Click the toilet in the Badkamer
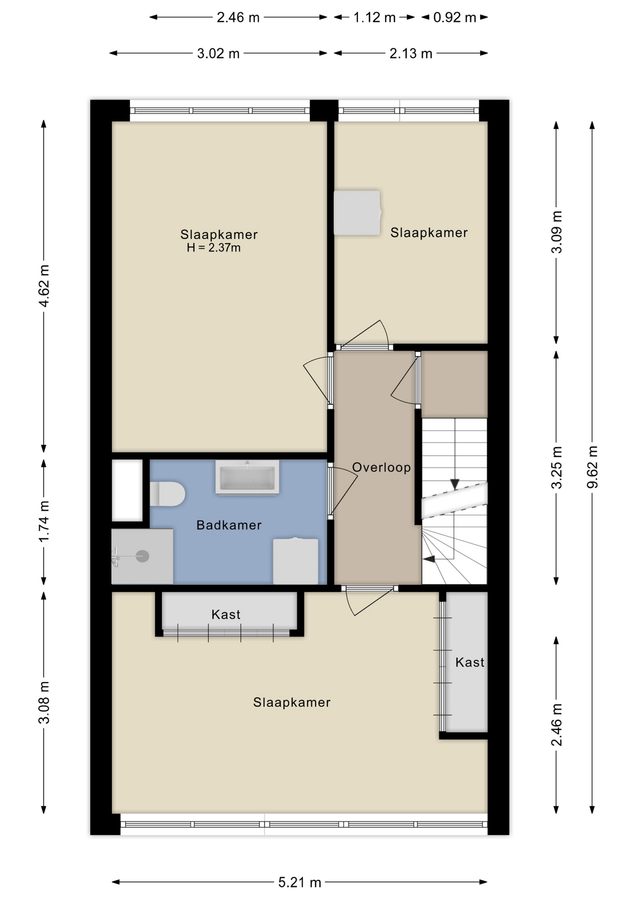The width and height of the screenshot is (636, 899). point(167,494)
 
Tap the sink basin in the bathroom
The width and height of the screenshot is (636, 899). point(247,477)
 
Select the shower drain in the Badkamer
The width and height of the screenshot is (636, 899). point(142,556)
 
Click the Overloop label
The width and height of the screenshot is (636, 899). point(381,467)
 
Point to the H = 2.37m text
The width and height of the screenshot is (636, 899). point(214,248)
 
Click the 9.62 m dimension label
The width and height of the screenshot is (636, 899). point(592,467)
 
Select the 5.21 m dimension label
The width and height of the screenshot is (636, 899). point(300,883)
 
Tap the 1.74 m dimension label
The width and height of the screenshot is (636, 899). point(44,522)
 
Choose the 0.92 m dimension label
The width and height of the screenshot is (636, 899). point(454,17)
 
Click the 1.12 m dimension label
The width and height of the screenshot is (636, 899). point(374,17)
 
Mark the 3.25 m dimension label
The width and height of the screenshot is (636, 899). point(556,467)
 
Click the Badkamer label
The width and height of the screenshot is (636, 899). point(229,525)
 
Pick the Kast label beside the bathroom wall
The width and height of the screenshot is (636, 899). point(226,614)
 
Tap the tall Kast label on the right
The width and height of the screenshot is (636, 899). point(470,662)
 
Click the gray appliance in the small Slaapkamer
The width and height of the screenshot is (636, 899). point(357,213)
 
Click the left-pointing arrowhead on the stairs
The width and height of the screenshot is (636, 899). point(429,559)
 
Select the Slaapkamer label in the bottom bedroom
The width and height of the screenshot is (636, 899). point(292,702)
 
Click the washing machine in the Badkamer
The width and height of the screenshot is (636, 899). point(296,561)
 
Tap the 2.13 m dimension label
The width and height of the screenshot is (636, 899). point(411,53)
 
